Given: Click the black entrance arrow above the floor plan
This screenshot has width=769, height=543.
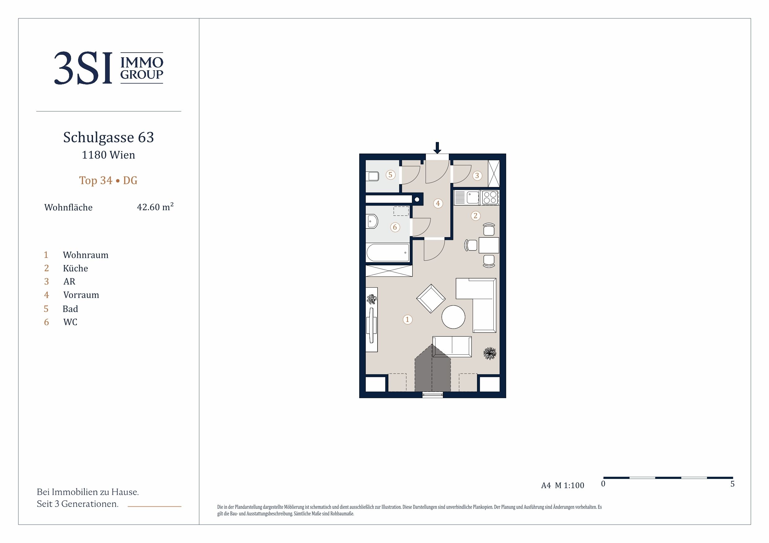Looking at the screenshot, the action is (437, 148).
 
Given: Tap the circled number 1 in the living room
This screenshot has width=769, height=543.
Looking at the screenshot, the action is (407, 319).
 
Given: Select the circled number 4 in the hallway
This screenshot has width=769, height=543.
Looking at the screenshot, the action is (438, 203).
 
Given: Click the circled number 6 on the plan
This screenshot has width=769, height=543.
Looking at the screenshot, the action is (395, 228).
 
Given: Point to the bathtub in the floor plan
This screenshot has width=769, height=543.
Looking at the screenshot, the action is (388, 253).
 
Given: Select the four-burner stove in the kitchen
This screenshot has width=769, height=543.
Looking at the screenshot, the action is (490, 198).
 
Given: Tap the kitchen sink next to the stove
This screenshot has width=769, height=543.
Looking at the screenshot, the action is (473, 198).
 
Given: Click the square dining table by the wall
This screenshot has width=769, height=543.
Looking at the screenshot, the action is (489, 245).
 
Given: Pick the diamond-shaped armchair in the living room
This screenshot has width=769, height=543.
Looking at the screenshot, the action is (431, 298).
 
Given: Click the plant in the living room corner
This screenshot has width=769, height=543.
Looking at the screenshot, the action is (490, 353).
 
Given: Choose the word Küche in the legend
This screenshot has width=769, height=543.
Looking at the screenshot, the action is (75, 268).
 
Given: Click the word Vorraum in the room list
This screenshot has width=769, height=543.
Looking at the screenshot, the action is (81, 295).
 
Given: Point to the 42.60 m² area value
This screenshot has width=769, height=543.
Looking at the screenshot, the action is (155, 207).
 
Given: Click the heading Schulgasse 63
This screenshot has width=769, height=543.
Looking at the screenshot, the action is (108, 137).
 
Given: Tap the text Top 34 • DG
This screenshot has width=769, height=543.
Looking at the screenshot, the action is (108, 180).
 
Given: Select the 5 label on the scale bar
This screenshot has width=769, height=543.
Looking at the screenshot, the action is (732, 484).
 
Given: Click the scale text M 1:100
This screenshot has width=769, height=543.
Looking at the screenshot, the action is (569, 485).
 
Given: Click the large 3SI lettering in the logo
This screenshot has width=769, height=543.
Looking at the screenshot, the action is (83, 68).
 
